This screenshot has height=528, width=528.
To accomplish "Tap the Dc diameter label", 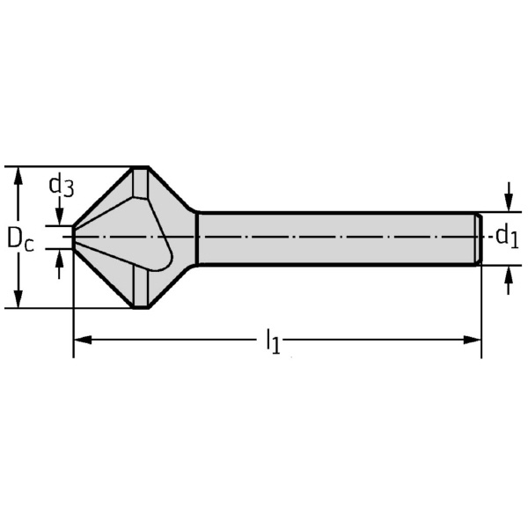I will click(x=19, y=238).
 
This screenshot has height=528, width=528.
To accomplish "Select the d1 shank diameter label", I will click(x=505, y=236).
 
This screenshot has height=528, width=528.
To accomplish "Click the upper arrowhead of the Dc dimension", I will click(x=17, y=174).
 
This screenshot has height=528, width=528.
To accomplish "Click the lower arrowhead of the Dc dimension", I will click(x=17, y=299).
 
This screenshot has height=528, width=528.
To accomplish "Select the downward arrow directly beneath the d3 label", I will click(x=59, y=216).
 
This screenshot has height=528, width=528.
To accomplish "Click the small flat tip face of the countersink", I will click(x=73, y=238).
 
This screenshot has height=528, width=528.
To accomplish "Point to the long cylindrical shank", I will click(x=334, y=238).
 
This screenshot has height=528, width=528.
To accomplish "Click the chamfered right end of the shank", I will click(x=479, y=238).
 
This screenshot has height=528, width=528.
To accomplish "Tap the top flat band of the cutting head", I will click(x=139, y=184).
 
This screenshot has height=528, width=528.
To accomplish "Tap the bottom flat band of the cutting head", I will click(x=139, y=290).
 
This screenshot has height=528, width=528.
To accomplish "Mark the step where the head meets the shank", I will click(x=196, y=238).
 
